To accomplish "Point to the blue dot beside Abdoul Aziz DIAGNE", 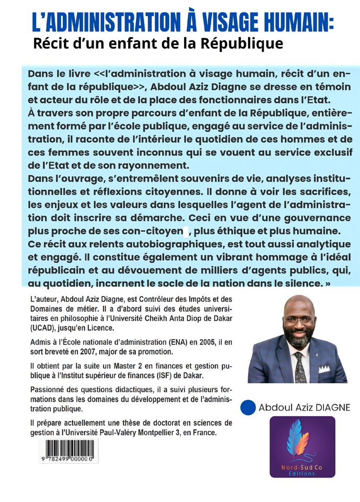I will click(248, 408).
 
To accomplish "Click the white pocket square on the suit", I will click(324, 368).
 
